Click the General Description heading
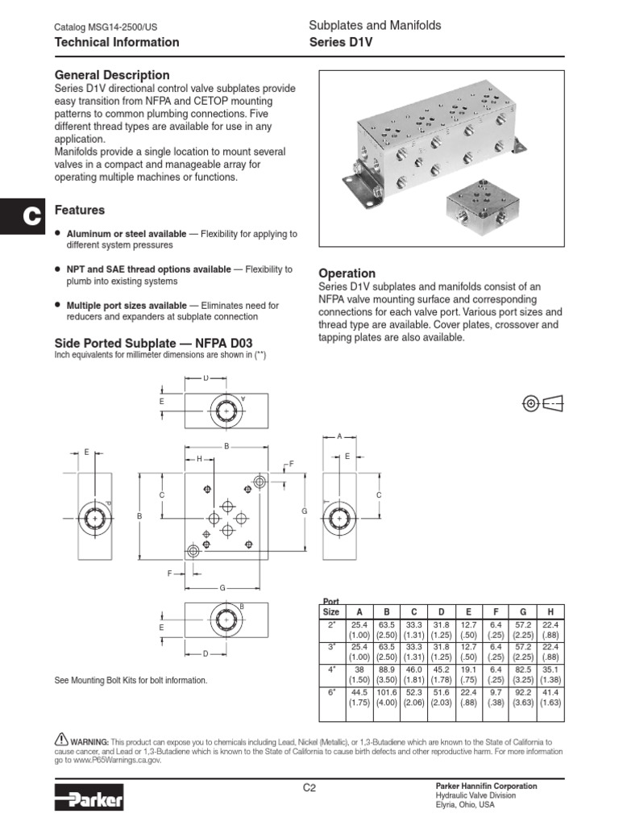tap(111, 75)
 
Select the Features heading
tap(79, 211)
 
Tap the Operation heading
tap(347, 273)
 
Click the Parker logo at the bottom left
tap(89, 799)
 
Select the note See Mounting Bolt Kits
tap(130, 680)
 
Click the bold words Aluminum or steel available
tap(127, 234)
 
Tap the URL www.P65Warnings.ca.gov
tap(115, 760)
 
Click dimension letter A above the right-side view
tap(339, 436)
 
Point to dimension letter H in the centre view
tap(198, 458)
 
